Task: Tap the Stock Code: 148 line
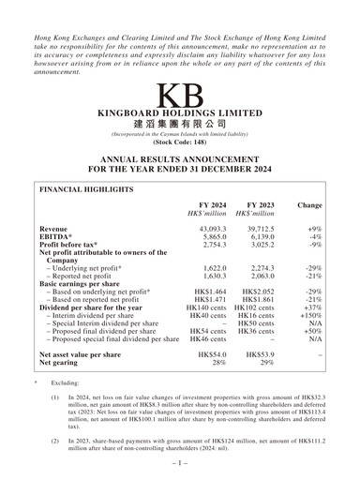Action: pyautogui.click(x=179, y=144)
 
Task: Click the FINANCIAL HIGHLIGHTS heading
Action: pyautogui.click(x=87, y=188)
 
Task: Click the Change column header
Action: pyautogui.click(x=308, y=204)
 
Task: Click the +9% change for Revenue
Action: pyautogui.click(x=314, y=229)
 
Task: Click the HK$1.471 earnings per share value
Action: pyautogui.click(x=207, y=298)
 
